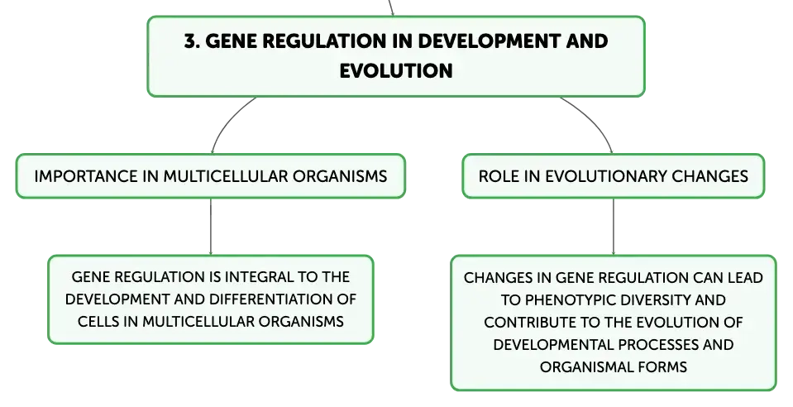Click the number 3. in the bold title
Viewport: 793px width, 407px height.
tap(192, 41)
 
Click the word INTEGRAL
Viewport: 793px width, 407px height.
tap(258, 277)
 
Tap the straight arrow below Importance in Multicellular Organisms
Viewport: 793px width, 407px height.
tap(210, 227)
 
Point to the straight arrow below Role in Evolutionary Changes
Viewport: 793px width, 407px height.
tap(614, 227)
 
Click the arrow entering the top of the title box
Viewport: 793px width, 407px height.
tap(391, 8)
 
